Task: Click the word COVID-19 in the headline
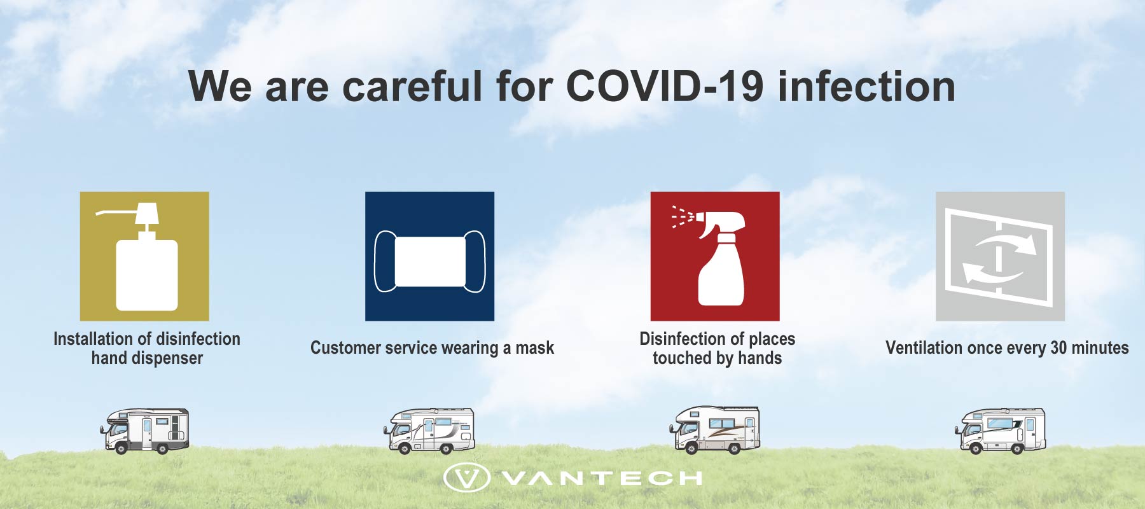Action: tap(665, 86)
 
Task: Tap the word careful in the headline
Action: tap(413, 86)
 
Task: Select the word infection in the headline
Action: tap(866, 86)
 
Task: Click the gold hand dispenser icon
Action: tap(144, 256)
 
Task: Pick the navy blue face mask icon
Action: tap(429, 256)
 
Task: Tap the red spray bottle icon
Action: tap(715, 256)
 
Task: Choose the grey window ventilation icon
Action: tap(1000, 256)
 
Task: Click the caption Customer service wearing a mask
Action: tap(432, 348)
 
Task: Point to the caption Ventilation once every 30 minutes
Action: tap(1007, 348)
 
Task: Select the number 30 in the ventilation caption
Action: tap(1058, 348)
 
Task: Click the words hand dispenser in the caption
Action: tap(147, 358)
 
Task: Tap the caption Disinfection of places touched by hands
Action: tap(718, 348)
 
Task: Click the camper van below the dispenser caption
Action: tap(144, 431)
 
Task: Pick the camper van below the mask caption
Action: tap(429, 431)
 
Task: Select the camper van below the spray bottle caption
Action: tap(714, 430)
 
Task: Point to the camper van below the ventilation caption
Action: tap(1000, 431)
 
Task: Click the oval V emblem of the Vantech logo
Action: tap(466, 478)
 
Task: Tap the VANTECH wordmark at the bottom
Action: tap(602, 478)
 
